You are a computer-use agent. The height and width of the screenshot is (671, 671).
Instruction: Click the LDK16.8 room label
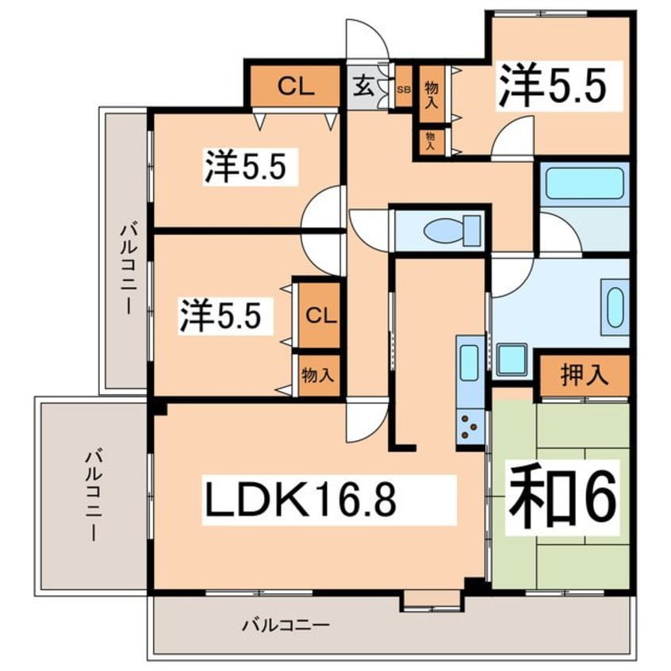(301, 500)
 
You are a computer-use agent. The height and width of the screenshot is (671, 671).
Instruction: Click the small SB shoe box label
(403, 89)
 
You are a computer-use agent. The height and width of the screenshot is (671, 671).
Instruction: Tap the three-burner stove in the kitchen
(470, 429)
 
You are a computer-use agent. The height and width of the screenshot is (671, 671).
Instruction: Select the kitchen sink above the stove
(470, 364)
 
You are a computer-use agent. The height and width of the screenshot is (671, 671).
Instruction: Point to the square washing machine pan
(513, 362)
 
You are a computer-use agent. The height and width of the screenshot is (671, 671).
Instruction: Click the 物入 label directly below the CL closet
(317, 375)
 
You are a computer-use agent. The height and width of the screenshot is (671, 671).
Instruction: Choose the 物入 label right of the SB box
(431, 94)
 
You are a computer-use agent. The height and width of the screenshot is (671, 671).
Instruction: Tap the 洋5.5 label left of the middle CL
(219, 315)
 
